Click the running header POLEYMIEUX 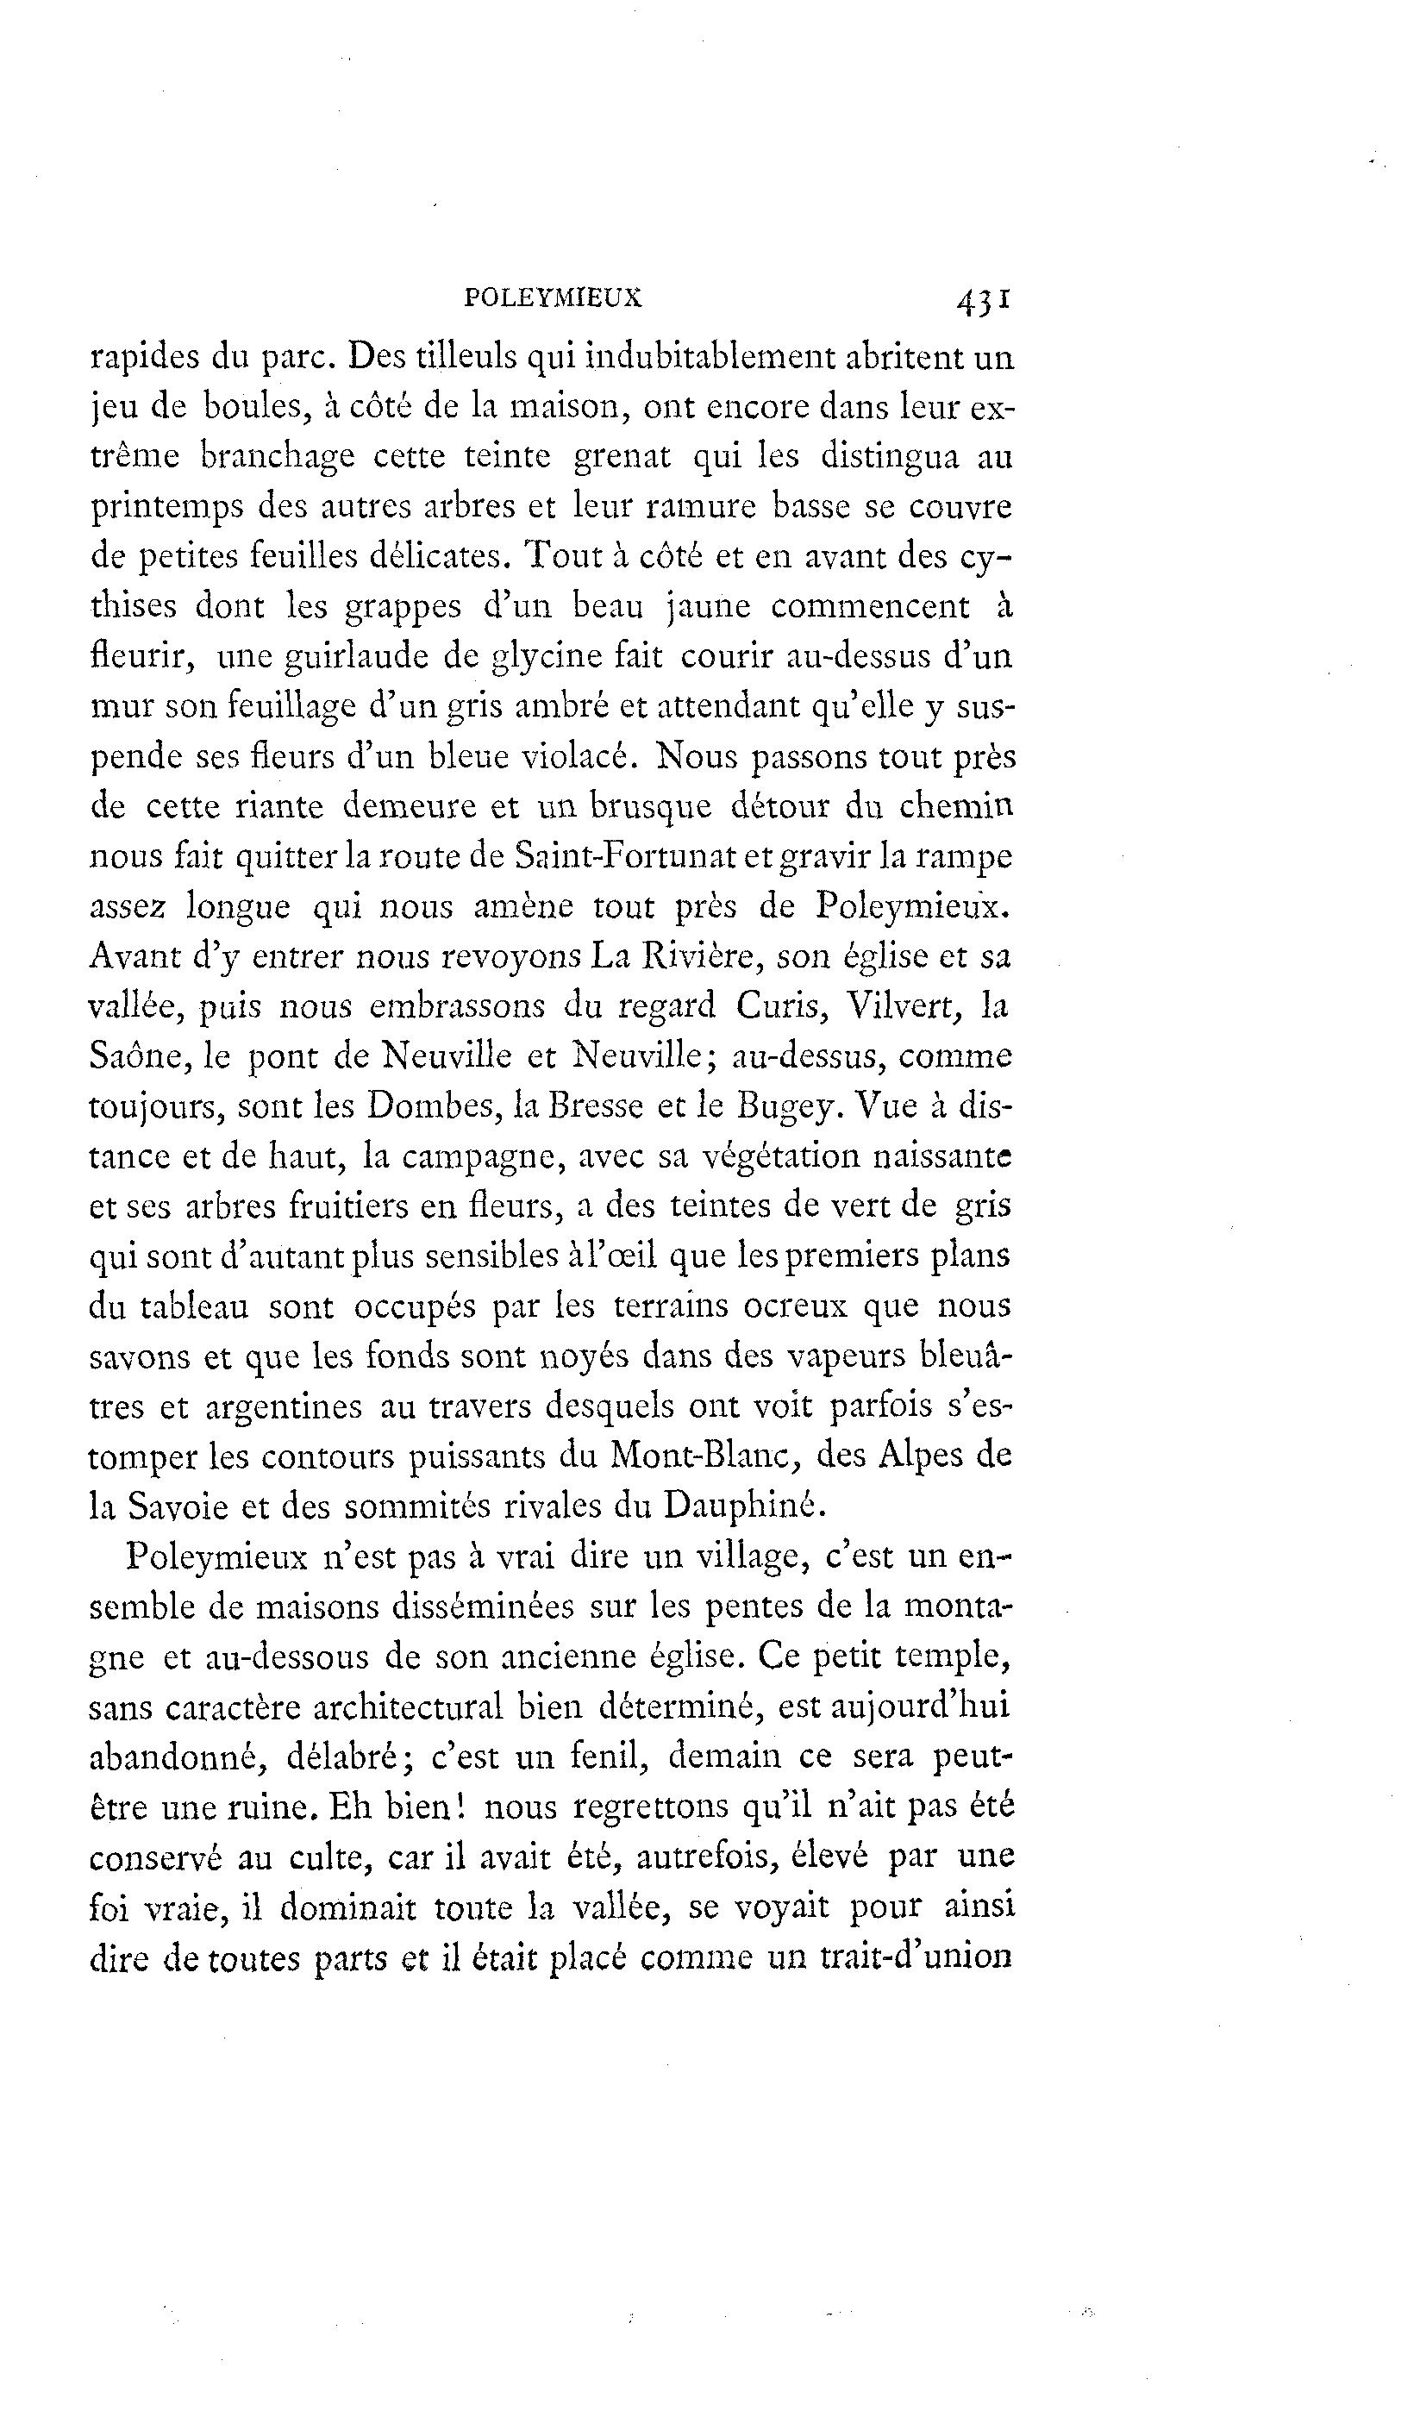[552, 298]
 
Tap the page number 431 [982, 302]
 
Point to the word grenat [622, 456]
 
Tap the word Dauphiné [742, 1506]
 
